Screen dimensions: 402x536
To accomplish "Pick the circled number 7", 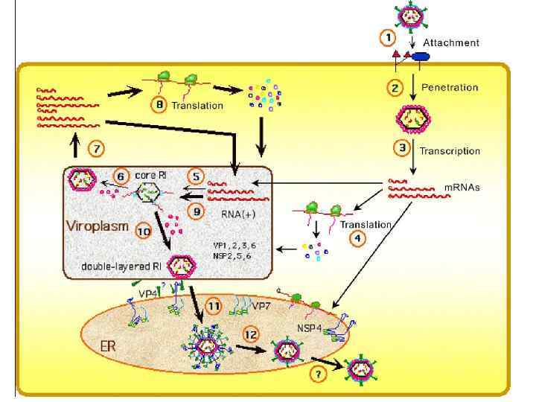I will click(95, 148).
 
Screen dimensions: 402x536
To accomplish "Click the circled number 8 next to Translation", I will click(158, 106).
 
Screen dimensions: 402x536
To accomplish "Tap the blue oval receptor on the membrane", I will click(422, 57).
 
